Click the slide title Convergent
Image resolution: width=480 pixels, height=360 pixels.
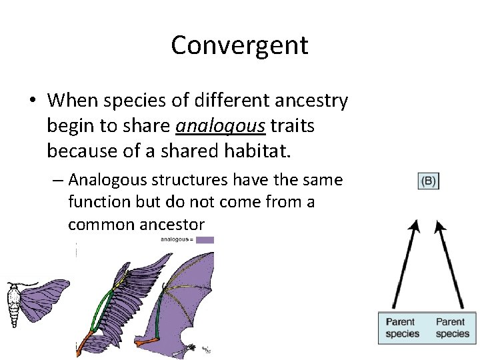click(x=239, y=45)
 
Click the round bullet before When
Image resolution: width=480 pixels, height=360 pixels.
click(x=32, y=101)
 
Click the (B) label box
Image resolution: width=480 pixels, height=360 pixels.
click(x=428, y=181)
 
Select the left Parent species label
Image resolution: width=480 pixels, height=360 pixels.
click(x=403, y=327)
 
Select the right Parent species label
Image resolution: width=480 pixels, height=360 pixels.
click(x=453, y=327)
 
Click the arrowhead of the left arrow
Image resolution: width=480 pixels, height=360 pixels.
click(x=415, y=227)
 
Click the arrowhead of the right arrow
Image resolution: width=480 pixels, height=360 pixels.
click(x=439, y=227)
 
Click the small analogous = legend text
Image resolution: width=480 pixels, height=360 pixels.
click(x=176, y=239)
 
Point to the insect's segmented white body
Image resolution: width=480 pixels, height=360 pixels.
click(x=13, y=303)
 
